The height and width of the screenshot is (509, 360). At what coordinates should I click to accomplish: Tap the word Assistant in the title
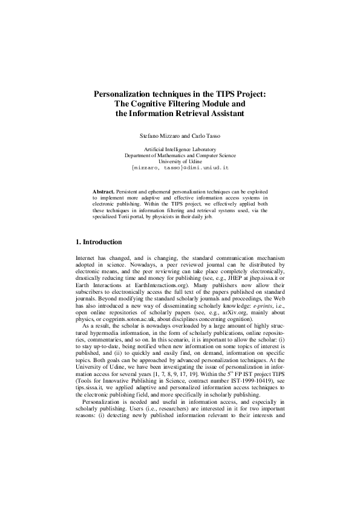pyautogui.click(x=209, y=112)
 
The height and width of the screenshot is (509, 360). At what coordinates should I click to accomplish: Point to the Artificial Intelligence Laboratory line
pyautogui.click(x=180, y=149)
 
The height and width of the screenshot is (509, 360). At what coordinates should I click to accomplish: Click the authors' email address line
pyautogui.click(x=180, y=166)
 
